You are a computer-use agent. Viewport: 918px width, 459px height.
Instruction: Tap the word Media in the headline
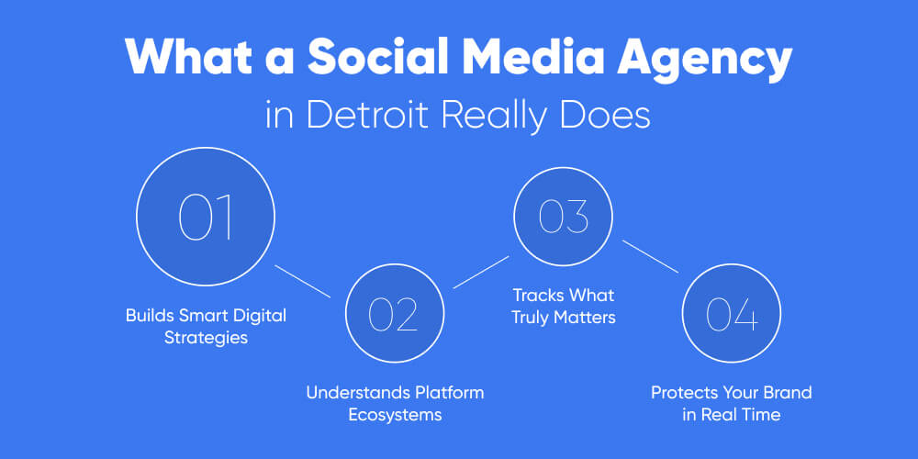click(527, 60)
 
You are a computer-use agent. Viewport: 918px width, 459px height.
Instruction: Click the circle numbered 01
click(206, 217)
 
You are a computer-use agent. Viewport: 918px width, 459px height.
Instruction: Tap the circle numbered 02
click(393, 313)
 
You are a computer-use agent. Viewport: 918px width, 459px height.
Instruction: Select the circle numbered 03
click(563, 217)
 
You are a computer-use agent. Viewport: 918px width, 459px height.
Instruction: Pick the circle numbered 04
click(732, 313)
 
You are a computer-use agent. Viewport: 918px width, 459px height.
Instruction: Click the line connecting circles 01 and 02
click(302, 281)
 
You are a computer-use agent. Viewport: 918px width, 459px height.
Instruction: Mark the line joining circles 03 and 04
click(650, 256)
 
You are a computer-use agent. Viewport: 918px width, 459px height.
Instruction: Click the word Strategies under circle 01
click(206, 338)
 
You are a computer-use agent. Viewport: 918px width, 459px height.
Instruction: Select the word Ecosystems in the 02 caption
click(395, 415)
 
